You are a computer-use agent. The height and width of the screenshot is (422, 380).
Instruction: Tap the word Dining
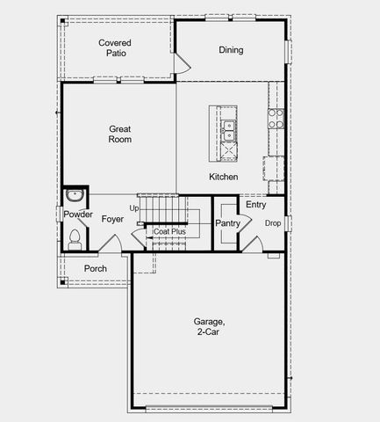coord(231,50)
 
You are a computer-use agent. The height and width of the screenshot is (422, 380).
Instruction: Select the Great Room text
coord(119,134)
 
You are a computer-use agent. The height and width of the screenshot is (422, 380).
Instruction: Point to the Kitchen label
coord(223,177)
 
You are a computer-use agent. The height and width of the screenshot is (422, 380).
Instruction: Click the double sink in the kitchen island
coord(228,130)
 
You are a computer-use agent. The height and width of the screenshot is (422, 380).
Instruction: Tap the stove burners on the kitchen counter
coord(276,119)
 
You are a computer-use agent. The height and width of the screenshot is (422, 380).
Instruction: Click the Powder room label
coord(78,215)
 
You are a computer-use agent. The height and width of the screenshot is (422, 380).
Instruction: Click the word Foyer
coord(112,219)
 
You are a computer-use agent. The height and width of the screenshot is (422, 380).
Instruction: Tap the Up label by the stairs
coord(133,208)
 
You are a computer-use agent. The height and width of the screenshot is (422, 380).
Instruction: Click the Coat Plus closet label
coord(169,232)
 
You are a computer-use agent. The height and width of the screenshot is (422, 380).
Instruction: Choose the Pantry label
coord(227,224)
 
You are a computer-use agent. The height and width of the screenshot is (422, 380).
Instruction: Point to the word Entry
coord(255,205)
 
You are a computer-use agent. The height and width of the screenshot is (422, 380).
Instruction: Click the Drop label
coord(274,223)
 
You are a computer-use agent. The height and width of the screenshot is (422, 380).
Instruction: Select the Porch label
coord(95,268)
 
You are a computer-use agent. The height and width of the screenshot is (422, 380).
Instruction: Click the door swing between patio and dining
coord(182,62)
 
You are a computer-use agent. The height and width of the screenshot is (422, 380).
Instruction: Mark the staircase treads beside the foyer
coord(164,211)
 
